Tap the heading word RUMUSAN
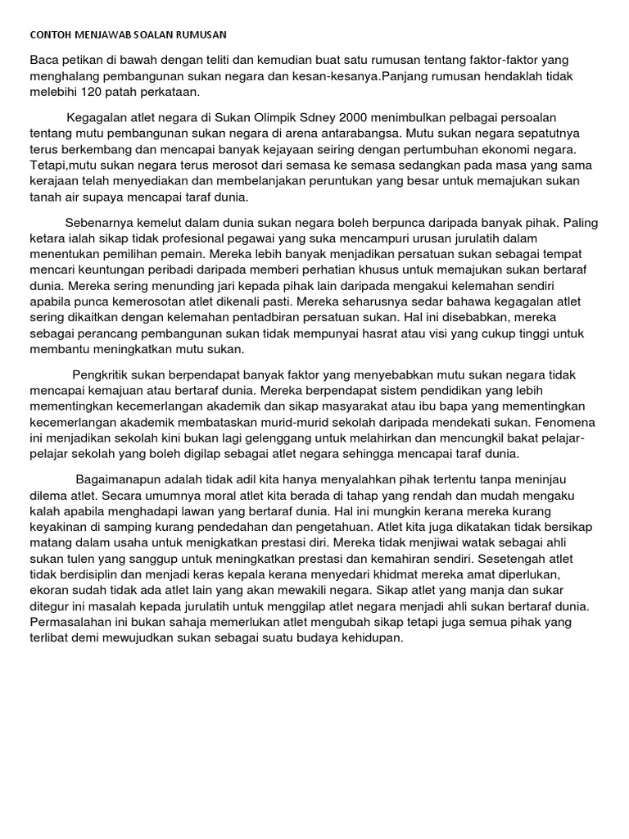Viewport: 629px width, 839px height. tap(201, 35)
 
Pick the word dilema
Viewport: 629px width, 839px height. tap(48, 495)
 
